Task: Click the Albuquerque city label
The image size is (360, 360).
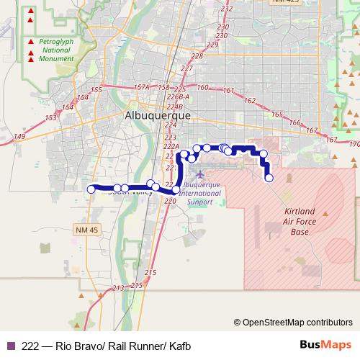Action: (x=158, y=115)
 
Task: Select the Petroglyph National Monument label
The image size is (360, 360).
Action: (x=57, y=51)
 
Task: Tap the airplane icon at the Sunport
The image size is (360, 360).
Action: (x=200, y=174)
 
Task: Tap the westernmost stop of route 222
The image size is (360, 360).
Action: (x=91, y=189)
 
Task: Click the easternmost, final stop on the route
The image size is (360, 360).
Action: (x=269, y=178)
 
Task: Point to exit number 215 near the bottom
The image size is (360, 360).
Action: (x=150, y=273)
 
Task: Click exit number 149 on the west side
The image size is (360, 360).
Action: (x=19, y=136)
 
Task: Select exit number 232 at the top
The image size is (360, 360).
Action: (x=228, y=8)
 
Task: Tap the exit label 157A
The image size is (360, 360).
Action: (x=142, y=88)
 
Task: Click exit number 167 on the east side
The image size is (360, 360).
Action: (x=312, y=130)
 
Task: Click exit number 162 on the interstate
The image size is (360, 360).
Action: (x=250, y=100)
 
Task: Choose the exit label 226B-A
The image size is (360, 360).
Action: (x=177, y=96)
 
